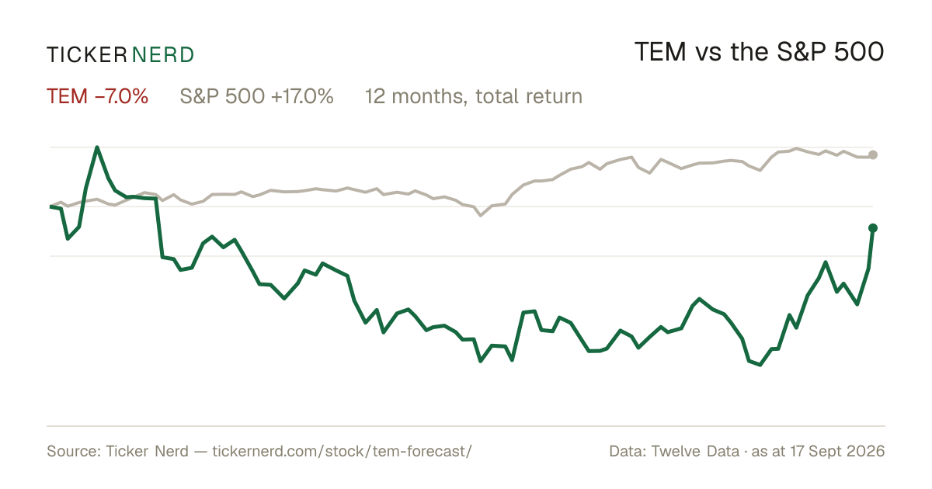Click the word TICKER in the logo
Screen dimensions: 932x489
tap(87, 55)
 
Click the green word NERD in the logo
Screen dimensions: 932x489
tap(163, 55)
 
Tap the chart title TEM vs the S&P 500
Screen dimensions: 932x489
tap(760, 52)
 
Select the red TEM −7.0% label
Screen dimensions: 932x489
tap(97, 96)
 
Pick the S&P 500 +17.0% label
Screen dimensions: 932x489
tap(257, 96)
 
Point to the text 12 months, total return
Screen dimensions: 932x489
tap(474, 97)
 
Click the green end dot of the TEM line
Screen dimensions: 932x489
tap(873, 228)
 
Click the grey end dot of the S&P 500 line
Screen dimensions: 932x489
tap(873, 154)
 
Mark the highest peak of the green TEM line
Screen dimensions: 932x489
tap(97, 147)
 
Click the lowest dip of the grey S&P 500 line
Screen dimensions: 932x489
tap(481, 216)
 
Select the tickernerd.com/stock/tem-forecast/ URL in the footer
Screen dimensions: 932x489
tap(342, 452)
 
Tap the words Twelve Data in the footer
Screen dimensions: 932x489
tap(695, 452)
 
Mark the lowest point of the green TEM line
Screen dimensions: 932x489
tap(760, 365)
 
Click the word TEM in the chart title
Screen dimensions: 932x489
tap(660, 52)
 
